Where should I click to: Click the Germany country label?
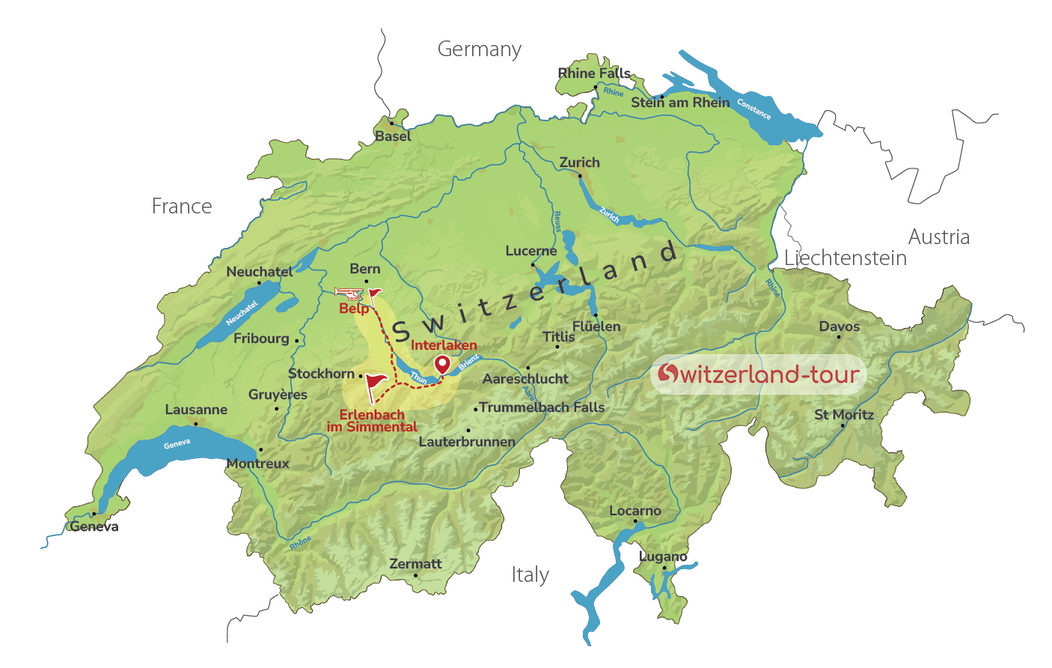pyautogui.click(x=480, y=49)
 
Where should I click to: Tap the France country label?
pyautogui.click(x=182, y=207)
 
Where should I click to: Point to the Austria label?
pyautogui.click(x=939, y=237)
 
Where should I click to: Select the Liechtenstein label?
pyautogui.click(x=845, y=258)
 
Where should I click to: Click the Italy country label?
pyautogui.click(x=530, y=575)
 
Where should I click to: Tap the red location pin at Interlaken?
pyautogui.click(x=443, y=365)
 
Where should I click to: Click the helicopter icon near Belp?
pyautogui.click(x=346, y=293)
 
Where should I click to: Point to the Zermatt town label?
pyautogui.click(x=415, y=564)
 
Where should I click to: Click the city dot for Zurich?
pyautogui.click(x=580, y=176)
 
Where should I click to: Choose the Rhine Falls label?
pyautogui.click(x=594, y=73)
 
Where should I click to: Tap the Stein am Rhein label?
pyautogui.click(x=680, y=103)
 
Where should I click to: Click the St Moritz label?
pyautogui.click(x=844, y=415)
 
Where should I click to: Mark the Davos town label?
pyautogui.click(x=840, y=327)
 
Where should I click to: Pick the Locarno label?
pyautogui.click(x=635, y=511)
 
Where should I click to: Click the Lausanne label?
pyautogui.click(x=196, y=410)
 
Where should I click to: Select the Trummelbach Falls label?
pyautogui.click(x=542, y=407)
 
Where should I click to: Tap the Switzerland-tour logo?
pyautogui.click(x=759, y=374)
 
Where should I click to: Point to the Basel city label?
pyautogui.click(x=394, y=136)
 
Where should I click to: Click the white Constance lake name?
pyautogui.click(x=753, y=109)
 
